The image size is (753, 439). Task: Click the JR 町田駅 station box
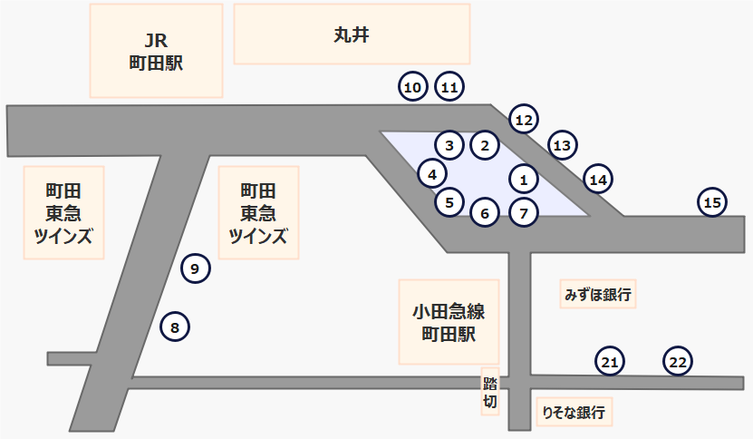[157, 51]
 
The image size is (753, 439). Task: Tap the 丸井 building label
[352, 34]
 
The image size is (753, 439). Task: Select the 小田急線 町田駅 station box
[449, 322]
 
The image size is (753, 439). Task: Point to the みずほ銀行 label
[598, 294]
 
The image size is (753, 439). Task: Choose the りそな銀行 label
[573, 412]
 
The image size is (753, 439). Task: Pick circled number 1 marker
[524, 179]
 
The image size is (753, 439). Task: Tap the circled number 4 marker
[432, 173]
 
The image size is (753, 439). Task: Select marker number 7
[524, 213]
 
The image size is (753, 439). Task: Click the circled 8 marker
[175, 326]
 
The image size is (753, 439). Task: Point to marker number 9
[196, 268]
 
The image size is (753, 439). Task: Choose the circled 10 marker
[413, 88]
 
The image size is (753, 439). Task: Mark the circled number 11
[450, 88]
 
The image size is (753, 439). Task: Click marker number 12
[524, 119]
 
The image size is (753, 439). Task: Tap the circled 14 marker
[598, 180]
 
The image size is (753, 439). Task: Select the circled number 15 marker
[713, 202]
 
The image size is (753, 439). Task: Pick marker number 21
[610, 362]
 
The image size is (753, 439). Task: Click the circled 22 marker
[678, 362]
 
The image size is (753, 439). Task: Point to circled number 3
[449, 144]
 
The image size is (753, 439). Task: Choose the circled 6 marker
[485, 213]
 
